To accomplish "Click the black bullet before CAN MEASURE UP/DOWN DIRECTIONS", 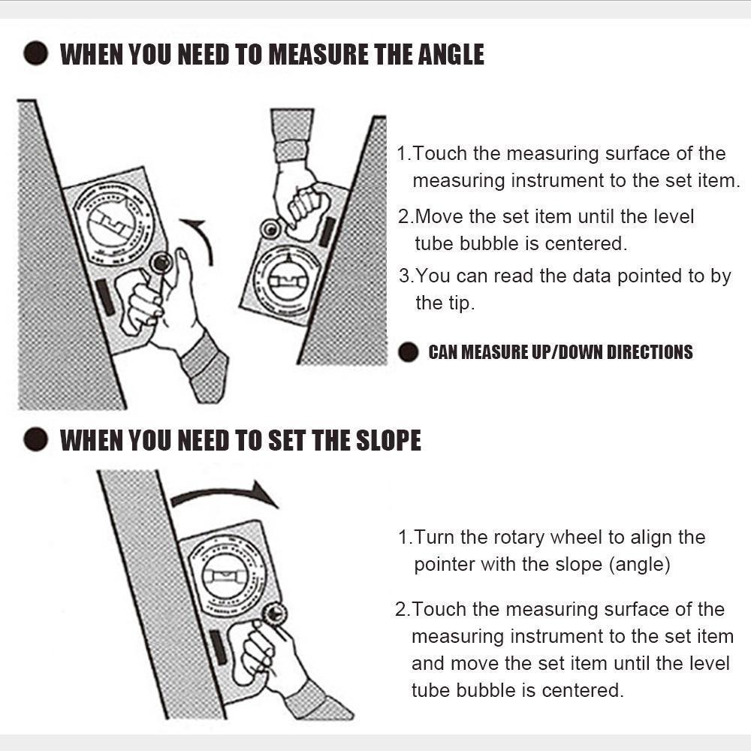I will pyautogui.click(x=408, y=351).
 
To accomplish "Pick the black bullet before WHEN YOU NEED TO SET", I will pyautogui.click(x=35, y=440).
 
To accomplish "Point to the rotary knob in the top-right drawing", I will pyautogui.click(x=268, y=228).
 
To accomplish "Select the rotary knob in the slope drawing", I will pyautogui.click(x=275, y=613).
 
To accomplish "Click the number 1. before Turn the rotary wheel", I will pyautogui.click(x=404, y=538).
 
